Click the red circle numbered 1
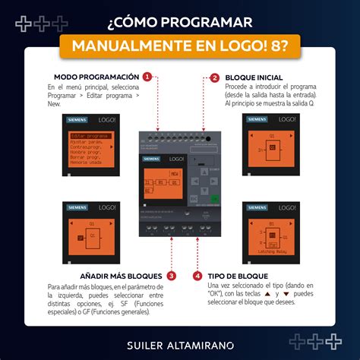[147, 77]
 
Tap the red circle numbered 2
[215, 77]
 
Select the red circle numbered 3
[172, 276]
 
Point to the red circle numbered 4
[197, 276]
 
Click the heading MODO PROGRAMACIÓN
[96, 77]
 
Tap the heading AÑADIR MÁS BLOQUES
[122, 276]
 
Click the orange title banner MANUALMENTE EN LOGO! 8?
[180, 46]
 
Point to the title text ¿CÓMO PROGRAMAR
[180, 18]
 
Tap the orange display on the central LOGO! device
[163, 185]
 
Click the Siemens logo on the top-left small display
[78, 120]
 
